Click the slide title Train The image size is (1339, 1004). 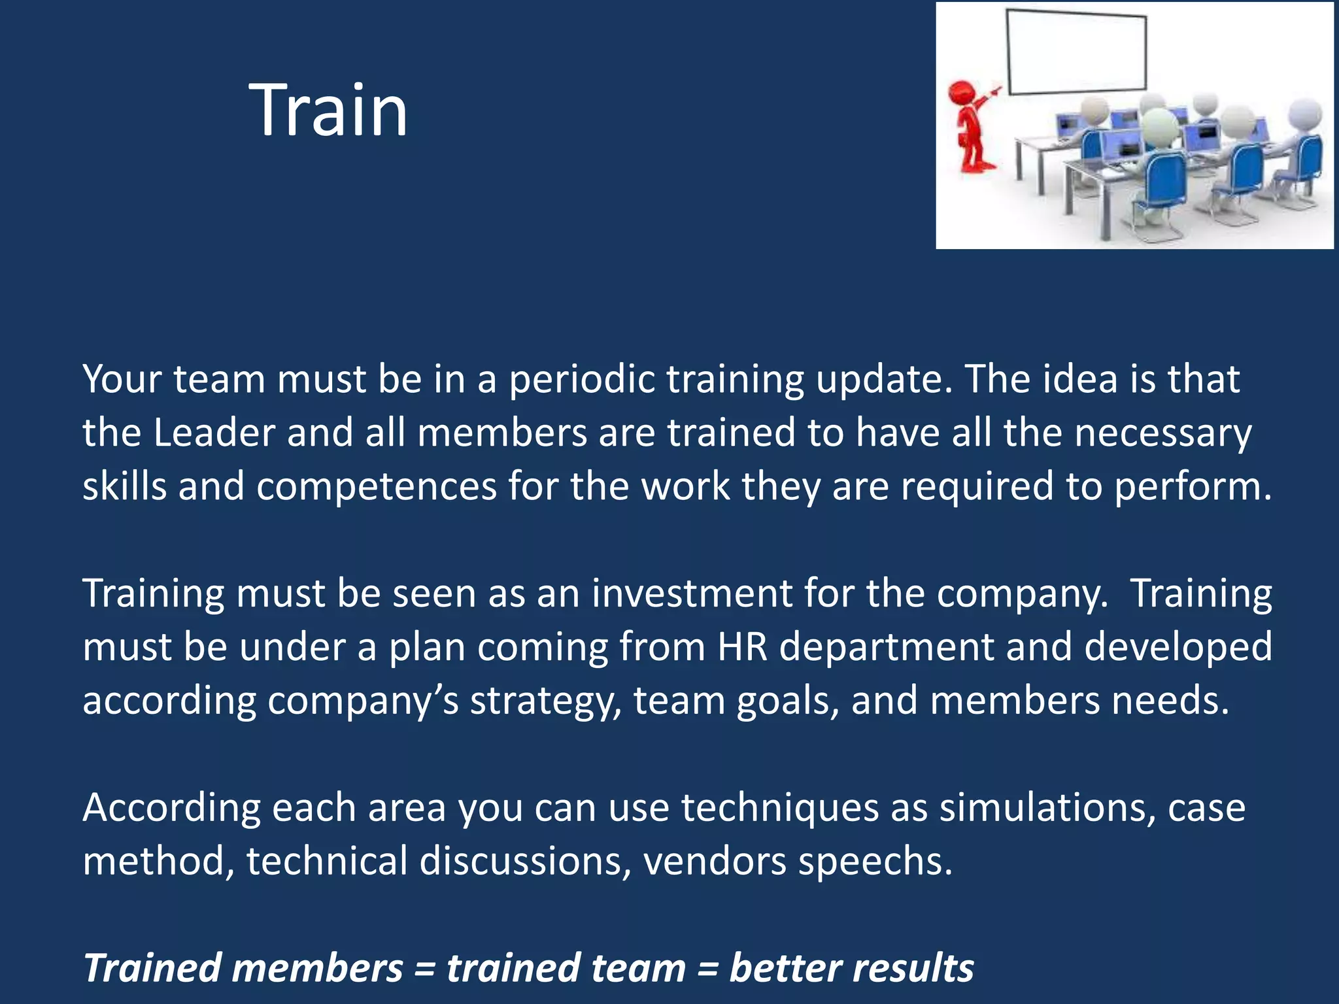(328, 110)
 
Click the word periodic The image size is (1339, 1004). (582, 379)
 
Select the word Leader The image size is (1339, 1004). (214, 433)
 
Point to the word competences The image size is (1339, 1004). (376, 487)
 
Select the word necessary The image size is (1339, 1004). (1163, 434)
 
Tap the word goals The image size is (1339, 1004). (788, 701)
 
